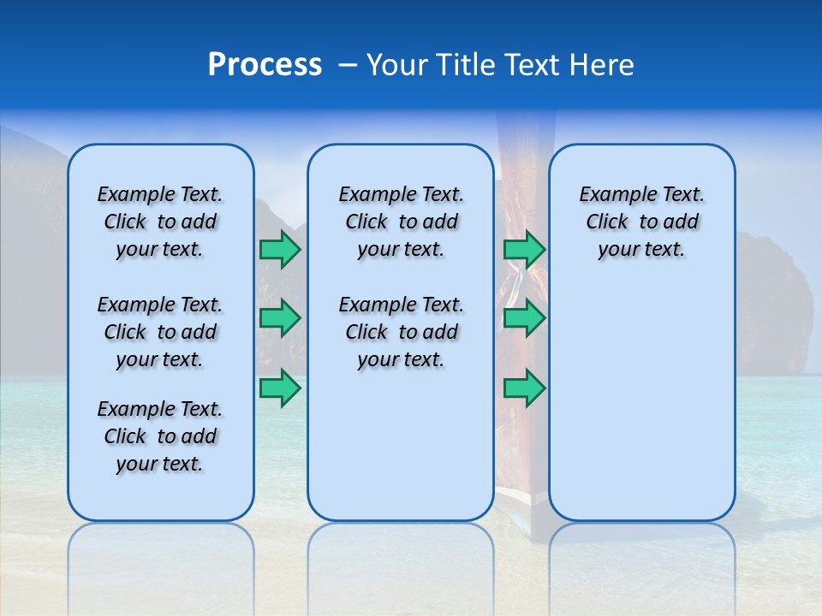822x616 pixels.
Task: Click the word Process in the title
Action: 265,65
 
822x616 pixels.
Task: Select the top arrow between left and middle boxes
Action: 279,249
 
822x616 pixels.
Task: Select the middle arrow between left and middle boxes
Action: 279,318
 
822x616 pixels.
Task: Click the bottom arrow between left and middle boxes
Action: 279,388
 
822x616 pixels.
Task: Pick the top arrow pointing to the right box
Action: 523,249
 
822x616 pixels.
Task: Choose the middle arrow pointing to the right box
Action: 523,318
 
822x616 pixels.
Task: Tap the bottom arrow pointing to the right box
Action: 523,388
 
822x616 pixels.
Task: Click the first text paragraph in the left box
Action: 160,222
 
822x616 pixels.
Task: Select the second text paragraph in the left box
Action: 160,332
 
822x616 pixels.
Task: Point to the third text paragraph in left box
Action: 160,436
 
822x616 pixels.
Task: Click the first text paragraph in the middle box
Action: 401,222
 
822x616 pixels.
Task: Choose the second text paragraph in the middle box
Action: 401,332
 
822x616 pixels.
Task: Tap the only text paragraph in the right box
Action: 641,222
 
